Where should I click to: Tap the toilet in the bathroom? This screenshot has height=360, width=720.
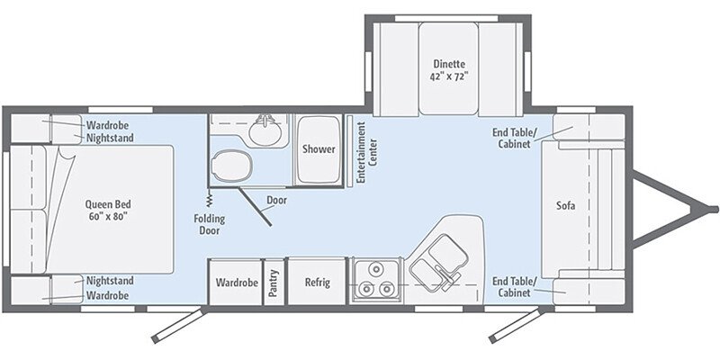coord(230,166)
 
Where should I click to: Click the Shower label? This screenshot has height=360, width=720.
coord(319,149)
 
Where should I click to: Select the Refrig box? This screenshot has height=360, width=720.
coord(316,283)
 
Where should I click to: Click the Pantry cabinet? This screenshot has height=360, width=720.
coord(273,283)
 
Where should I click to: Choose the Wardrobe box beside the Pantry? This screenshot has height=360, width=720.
coord(236,283)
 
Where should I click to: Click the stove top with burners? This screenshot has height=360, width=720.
coord(376,281)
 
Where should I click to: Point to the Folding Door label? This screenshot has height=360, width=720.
coord(209,223)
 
